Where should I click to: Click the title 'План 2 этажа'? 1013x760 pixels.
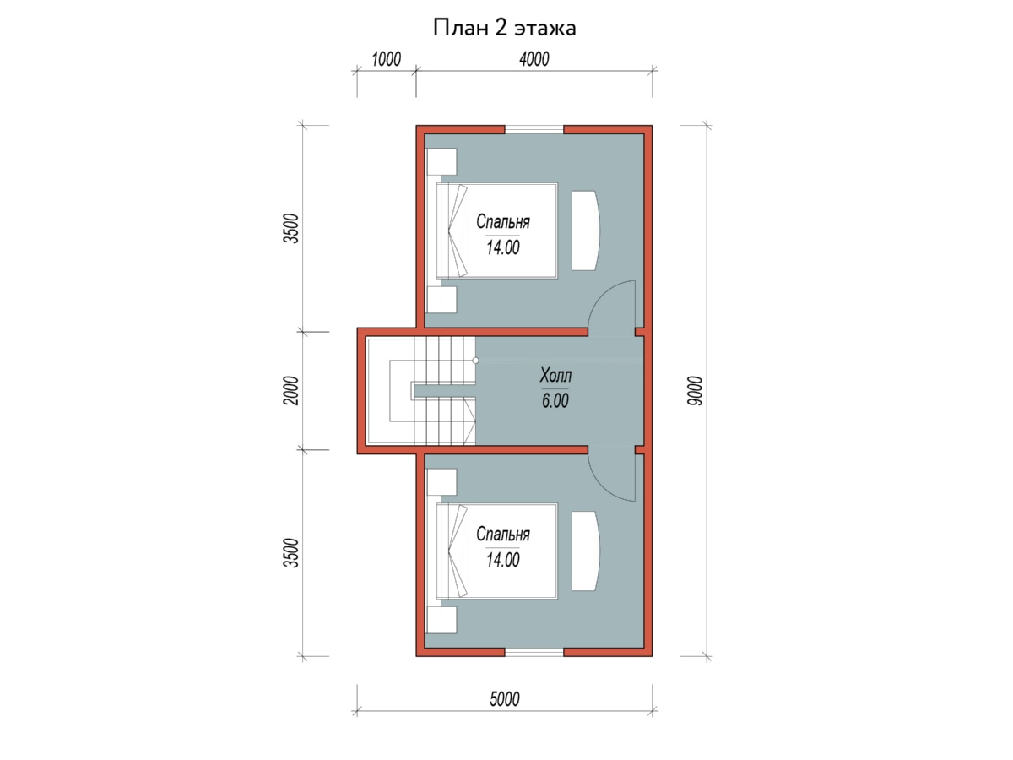click(504, 28)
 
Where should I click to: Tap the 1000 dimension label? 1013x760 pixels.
click(386, 59)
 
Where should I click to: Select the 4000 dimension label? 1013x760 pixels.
click(534, 59)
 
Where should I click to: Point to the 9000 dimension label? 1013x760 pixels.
click(695, 391)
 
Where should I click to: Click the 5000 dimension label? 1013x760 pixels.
click(505, 698)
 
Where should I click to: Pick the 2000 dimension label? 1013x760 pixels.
click(291, 391)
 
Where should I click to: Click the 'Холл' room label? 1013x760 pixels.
click(555, 375)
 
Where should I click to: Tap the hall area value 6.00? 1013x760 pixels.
click(555, 400)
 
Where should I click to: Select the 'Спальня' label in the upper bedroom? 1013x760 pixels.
click(502, 222)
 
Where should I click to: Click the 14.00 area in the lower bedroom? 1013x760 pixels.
click(502, 560)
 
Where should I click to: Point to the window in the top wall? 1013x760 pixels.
click(534, 129)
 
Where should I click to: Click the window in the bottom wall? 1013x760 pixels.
click(534, 652)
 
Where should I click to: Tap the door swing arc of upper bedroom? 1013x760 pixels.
click(601, 295)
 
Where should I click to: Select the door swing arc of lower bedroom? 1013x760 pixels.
click(601, 487)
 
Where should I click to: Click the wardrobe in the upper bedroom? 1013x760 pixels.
click(586, 231)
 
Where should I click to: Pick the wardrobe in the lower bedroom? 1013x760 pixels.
click(586, 551)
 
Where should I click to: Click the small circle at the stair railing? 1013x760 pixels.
click(475, 361)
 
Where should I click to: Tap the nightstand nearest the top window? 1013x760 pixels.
click(441, 161)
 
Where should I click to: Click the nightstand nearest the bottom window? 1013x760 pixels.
click(441, 620)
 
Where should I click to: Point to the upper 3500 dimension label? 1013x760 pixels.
click(291, 228)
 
